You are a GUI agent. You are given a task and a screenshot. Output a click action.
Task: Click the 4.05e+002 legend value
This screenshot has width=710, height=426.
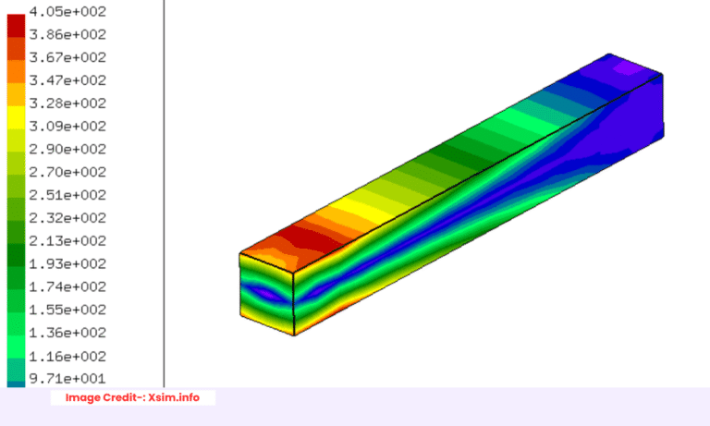68,12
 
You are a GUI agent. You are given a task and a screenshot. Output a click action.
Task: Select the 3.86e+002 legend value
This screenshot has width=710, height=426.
68,35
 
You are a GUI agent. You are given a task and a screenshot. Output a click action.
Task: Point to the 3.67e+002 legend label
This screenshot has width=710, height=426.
68,57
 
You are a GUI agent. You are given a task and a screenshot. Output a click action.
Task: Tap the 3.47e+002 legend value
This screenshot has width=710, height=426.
68,80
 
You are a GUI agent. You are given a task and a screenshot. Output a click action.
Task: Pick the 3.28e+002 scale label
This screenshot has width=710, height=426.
68,103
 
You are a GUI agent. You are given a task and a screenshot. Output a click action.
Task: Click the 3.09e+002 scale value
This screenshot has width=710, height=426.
68,127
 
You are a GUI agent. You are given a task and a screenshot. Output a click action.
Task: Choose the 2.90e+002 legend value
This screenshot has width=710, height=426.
68,150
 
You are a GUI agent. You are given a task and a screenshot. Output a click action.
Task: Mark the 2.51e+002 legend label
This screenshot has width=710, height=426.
68,195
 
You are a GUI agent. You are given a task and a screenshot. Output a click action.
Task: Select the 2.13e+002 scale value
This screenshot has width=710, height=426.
68,241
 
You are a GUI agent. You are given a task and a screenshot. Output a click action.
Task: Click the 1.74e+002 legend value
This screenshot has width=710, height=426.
68,287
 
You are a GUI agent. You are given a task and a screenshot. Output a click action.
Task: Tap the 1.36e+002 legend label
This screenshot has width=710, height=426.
68,333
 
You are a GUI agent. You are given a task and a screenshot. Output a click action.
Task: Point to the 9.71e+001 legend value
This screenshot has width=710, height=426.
68,379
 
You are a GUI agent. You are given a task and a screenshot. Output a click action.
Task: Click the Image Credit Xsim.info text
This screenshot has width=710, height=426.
132,397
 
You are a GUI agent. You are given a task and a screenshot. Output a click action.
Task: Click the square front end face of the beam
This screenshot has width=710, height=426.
267,294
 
